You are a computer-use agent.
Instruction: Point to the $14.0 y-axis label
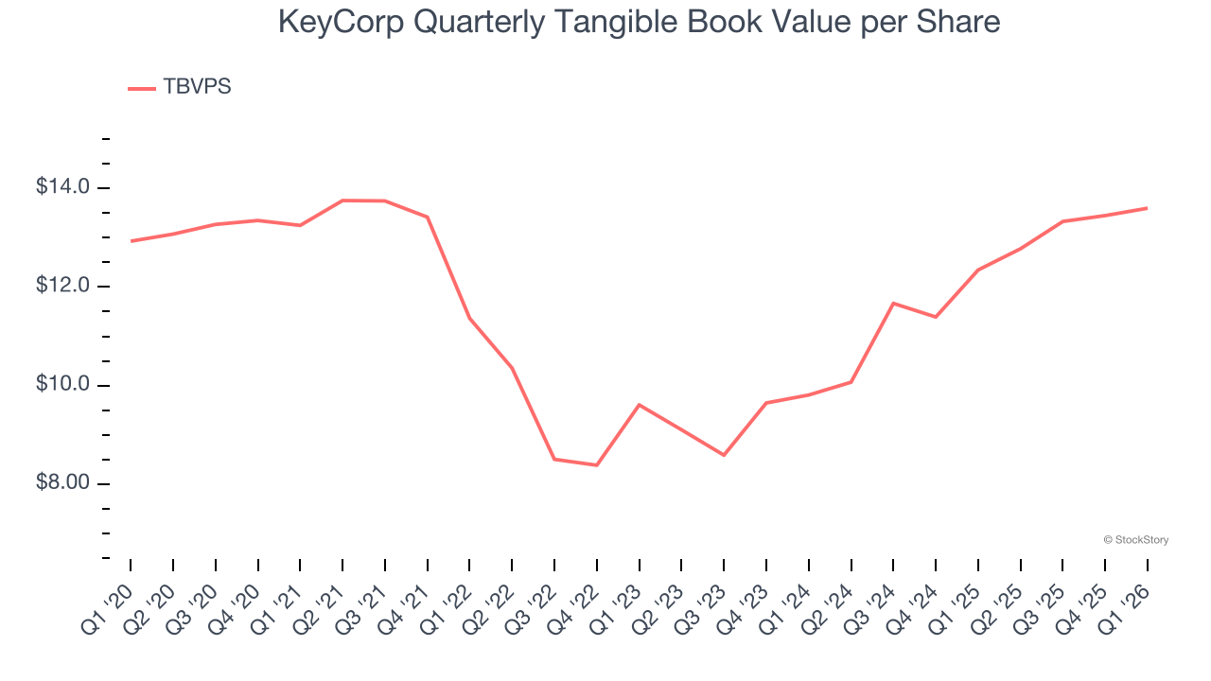(x=63, y=187)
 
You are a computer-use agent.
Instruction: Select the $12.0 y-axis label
(x=63, y=287)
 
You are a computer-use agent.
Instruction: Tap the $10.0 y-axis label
(x=63, y=385)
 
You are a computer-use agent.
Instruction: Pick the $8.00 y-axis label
(x=63, y=483)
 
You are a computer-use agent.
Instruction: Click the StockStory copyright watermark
(x=1135, y=540)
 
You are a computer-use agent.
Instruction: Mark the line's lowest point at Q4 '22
(x=597, y=465)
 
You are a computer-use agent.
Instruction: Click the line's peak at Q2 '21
(x=342, y=201)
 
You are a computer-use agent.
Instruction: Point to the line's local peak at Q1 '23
(x=640, y=405)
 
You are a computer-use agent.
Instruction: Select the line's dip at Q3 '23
(x=724, y=455)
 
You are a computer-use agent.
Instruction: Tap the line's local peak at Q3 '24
(x=893, y=304)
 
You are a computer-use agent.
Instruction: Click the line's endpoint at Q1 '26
(x=1148, y=208)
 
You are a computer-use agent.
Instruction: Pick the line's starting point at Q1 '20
(x=131, y=241)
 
